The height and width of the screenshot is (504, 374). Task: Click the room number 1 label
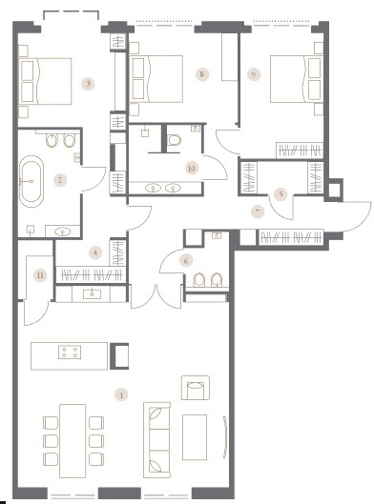tap(121, 395)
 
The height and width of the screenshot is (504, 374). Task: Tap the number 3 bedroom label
tap(88, 84)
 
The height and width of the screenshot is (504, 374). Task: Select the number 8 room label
tap(202, 74)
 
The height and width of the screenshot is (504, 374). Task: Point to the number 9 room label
tap(254, 74)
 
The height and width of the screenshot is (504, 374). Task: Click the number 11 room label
tap(40, 275)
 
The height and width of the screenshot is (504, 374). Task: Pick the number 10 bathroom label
tap(191, 168)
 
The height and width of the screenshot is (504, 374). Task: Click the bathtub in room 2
tap(31, 182)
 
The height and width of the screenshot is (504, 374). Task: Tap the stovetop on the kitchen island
tap(70, 352)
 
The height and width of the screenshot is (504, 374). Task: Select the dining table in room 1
tap(73, 441)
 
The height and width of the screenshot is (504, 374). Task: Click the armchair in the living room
tap(196, 388)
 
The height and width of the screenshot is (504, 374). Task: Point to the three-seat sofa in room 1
tap(156, 440)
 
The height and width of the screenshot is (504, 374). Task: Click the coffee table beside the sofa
tap(195, 437)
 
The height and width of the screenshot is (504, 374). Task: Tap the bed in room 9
tap(297, 79)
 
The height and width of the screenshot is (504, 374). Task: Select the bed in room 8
tap(156, 79)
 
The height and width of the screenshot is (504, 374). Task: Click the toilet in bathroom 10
tap(175, 140)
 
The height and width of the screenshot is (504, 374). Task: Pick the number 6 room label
tap(186, 261)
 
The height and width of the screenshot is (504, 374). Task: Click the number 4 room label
tap(95, 252)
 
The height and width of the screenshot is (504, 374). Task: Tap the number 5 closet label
tap(280, 194)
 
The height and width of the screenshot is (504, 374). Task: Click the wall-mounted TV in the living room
tap(225, 436)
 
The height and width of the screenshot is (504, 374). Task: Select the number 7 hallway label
tap(258, 212)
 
